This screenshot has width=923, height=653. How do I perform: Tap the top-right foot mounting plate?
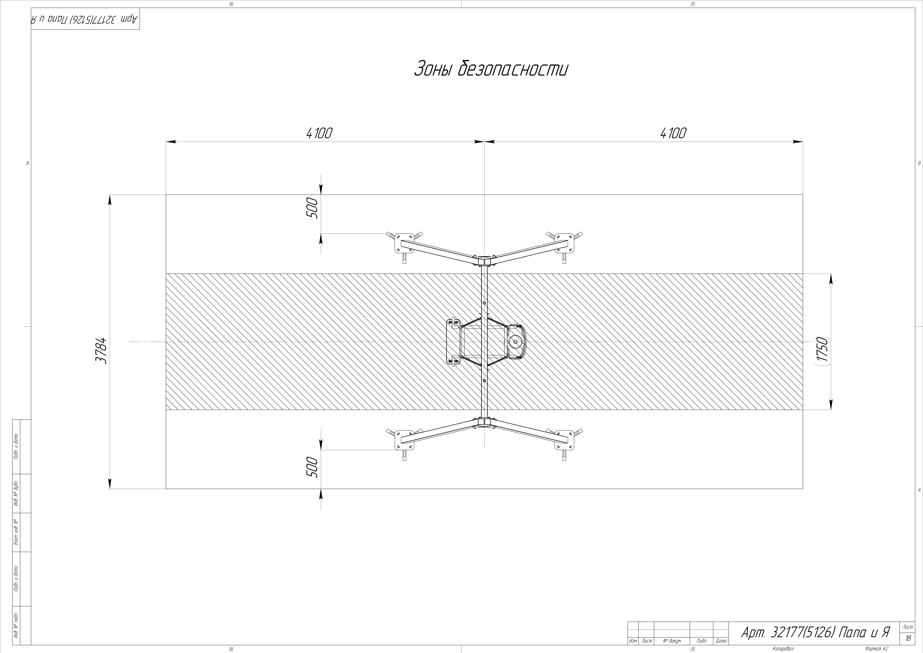tap(564, 243)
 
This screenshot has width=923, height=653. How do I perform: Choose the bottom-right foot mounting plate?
tap(564, 440)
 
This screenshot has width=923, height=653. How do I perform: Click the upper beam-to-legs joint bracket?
tap(484, 261)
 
